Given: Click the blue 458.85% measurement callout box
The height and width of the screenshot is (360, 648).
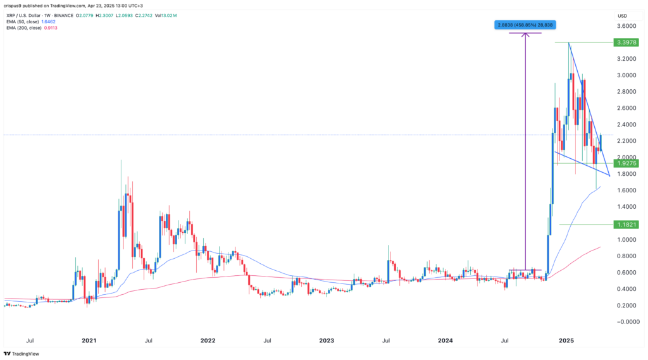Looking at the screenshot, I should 525,25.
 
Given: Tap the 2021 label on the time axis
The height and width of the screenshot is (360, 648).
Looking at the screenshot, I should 89,340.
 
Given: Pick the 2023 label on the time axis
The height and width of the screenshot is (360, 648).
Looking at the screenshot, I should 327,340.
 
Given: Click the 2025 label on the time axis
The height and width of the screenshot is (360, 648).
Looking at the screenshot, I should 565,340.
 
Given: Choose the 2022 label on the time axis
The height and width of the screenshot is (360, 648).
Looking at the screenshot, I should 208,340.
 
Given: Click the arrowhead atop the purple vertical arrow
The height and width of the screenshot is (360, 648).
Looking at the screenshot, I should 525,34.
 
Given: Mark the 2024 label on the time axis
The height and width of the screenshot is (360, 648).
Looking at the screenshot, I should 445,340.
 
